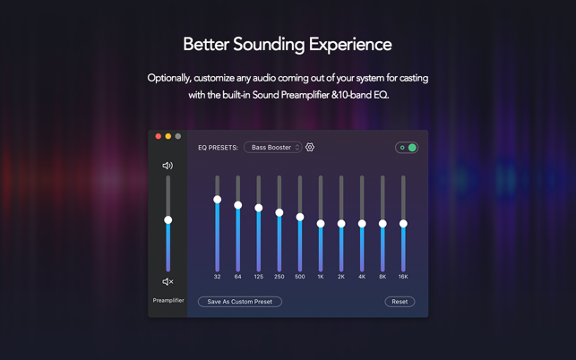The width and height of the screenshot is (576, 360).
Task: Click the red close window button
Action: [159, 136]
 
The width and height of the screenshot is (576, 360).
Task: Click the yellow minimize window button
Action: [168, 136]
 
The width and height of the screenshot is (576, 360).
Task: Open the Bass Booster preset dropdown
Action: [273, 147]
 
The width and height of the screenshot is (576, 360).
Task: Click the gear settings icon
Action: [310, 147]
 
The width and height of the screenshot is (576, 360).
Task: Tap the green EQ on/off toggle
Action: [407, 148]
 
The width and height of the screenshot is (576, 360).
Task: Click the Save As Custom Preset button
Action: [240, 302]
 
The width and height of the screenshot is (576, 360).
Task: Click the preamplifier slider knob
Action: [168, 220]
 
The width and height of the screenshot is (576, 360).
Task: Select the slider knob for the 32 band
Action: [218, 200]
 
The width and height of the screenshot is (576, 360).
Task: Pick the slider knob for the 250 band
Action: [279, 213]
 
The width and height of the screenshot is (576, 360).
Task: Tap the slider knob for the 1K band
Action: [321, 224]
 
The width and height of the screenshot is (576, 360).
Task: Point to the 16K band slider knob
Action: [403, 224]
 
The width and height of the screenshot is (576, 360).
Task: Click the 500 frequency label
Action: [300, 277]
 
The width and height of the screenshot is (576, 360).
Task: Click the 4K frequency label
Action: [362, 277]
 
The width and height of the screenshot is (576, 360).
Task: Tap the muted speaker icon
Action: [168, 282]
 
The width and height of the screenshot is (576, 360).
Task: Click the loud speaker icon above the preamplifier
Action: [168, 166]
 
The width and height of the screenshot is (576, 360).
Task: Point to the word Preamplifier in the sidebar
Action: [168, 301]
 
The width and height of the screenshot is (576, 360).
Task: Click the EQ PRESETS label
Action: [218, 148]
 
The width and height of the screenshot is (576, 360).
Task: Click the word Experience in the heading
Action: [350, 45]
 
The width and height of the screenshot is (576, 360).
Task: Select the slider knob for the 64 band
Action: [238, 205]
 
